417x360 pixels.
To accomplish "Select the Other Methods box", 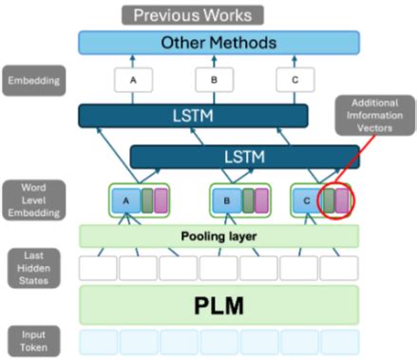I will [218, 43].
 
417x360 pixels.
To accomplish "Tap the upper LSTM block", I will [193, 116].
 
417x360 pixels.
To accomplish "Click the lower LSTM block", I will [244, 155].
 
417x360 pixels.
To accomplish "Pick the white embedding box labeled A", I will [134, 80].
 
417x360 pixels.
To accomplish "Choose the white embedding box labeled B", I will [215, 80].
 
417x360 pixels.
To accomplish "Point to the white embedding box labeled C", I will [295, 80].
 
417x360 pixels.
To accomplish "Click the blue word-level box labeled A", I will [123, 200].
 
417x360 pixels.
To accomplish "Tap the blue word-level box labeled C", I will [305, 200].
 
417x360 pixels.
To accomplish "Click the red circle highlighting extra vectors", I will [336, 201].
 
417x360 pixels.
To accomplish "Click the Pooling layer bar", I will [218, 235].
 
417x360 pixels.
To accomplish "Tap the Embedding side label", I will [33, 80].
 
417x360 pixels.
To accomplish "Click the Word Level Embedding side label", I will [33, 200].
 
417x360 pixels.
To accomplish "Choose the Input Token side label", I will [33, 341].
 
